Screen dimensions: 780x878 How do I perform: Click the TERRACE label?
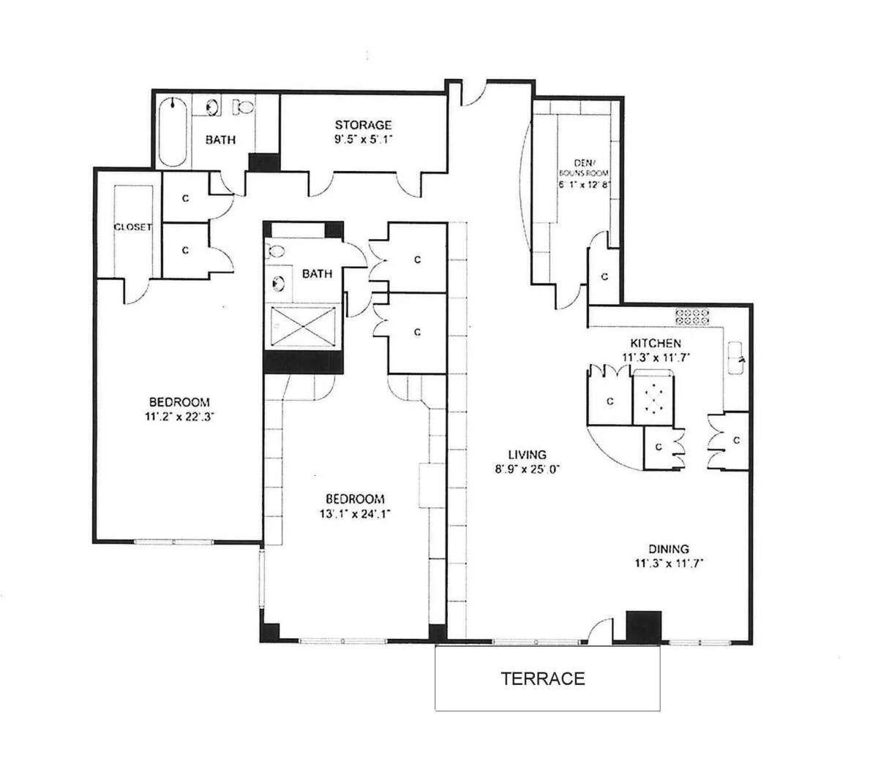543,678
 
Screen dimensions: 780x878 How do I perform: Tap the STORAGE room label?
364,125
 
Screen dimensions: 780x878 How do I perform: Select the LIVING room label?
528,455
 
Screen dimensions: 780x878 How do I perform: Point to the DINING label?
668,549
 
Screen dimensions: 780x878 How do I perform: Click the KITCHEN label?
656,343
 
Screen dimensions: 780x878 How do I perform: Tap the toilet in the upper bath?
243,107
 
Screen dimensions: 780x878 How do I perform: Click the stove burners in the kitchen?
693,317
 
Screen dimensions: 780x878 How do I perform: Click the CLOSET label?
132,227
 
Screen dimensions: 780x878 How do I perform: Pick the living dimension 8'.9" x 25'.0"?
528,469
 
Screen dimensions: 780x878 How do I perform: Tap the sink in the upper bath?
213,107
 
